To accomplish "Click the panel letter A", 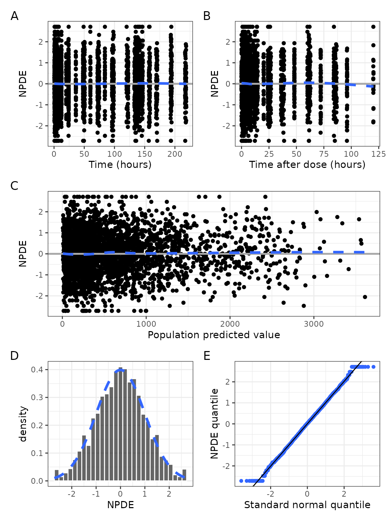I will click(14, 16).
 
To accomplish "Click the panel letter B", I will click(207, 16).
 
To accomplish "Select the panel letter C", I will click(14, 186).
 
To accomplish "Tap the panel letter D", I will click(14, 355).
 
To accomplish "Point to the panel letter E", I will click(207, 355).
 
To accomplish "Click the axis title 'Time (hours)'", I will click(120, 165).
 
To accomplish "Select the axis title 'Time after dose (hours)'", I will click(307, 165).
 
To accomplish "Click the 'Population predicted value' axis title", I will click(214, 335).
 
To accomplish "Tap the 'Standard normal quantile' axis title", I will click(307, 505).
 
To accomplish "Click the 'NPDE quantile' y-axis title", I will click(215, 424).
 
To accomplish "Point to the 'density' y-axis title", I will click(23, 424).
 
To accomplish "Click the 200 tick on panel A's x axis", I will click(175, 154).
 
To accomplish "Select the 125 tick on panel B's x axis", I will click(378, 154).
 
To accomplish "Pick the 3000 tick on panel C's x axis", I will click(314, 324).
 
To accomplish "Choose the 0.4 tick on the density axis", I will click(37, 369).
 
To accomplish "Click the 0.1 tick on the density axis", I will click(37, 453).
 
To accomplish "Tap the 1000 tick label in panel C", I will click(146, 324).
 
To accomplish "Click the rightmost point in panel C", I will click(365, 297).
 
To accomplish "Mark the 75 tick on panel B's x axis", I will click(324, 154).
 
